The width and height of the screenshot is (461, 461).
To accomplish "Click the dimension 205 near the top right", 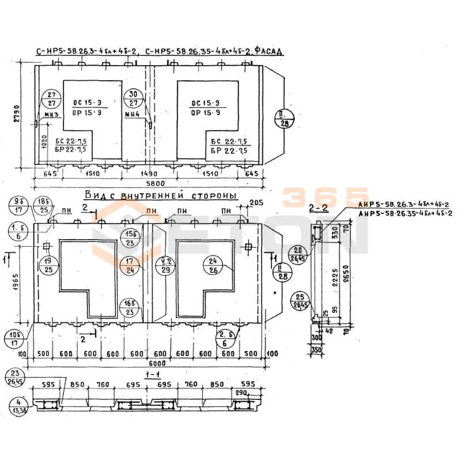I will pos(256,203).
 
